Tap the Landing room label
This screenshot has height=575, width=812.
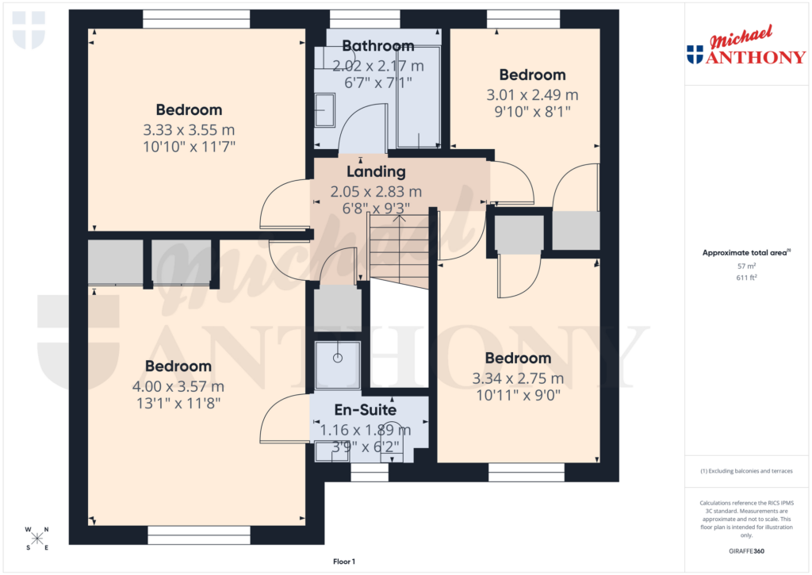coord(376,171)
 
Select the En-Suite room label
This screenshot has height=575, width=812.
coord(365,410)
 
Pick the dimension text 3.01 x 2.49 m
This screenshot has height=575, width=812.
coord(532,94)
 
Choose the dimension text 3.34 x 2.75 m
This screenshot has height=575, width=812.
coord(517,378)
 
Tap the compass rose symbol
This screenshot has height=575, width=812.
coord(36,539)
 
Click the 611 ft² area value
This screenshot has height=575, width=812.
coord(747,278)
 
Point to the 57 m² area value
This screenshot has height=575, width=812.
coord(747,266)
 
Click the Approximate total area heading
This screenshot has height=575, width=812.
coord(746,253)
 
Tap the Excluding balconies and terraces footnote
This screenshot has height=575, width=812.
coord(747,471)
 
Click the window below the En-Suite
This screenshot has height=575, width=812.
coord(370,473)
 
